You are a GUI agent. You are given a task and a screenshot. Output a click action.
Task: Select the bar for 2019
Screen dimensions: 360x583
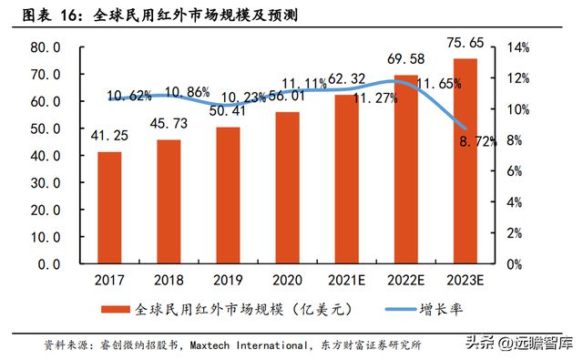click(x=229, y=195)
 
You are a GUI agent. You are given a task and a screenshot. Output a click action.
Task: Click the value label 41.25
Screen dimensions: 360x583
click(x=109, y=135)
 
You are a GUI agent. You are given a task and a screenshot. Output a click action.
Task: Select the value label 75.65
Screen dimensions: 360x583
click(x=464, y=41)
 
